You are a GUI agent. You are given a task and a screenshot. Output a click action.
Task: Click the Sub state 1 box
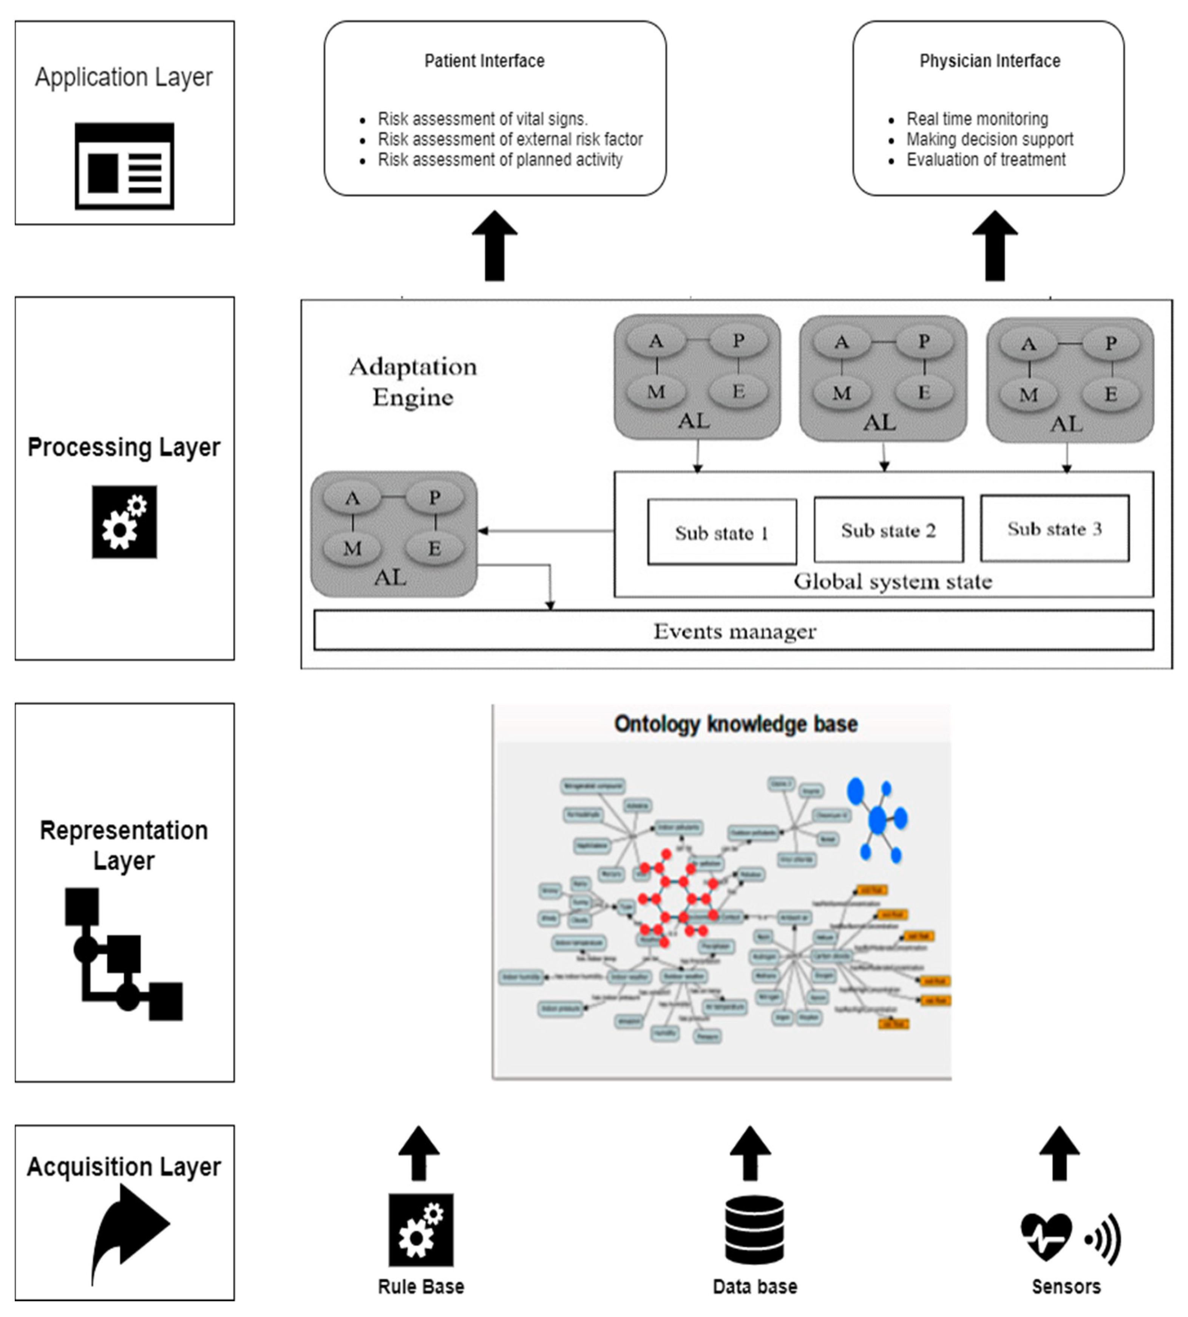point(721,532)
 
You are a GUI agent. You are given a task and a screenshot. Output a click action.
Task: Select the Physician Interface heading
point(990,61)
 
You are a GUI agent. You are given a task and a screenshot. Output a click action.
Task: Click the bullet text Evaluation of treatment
point(985,159)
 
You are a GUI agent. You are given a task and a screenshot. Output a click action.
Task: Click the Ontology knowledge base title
point(735,724)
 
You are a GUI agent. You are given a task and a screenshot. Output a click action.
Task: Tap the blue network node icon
point(877,819)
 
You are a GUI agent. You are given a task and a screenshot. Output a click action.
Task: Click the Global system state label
point(892,581)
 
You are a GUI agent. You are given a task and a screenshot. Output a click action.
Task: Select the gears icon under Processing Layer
point(124,522)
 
